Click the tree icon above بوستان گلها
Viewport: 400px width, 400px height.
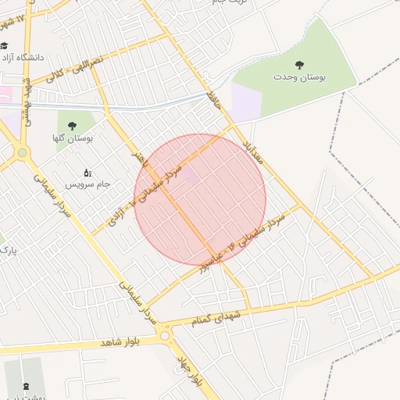point(73,125)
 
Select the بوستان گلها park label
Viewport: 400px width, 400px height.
point(73,138)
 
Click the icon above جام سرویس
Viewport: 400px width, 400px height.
point(87,171)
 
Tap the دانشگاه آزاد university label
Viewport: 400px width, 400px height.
point(27,58)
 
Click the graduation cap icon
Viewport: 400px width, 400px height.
point(5,45)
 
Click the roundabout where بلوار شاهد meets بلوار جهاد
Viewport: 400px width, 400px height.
point(165,336)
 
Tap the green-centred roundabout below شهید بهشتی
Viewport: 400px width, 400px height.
point(23,152)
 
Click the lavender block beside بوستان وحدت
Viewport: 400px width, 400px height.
point(245,102)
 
